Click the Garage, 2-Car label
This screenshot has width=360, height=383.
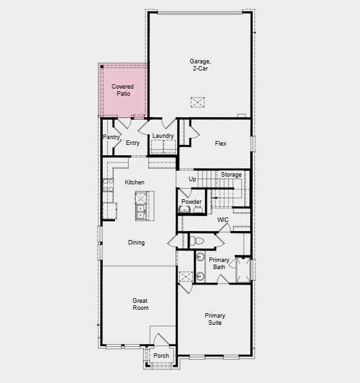200,65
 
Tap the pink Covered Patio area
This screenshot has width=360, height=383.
123,90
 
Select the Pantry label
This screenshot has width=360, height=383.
110,137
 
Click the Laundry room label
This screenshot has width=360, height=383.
163,136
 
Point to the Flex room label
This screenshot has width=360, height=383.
220,143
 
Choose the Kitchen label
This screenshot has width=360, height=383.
134,182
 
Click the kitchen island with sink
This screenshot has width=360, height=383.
140,206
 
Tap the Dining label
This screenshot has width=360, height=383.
136,243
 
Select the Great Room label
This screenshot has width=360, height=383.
140,304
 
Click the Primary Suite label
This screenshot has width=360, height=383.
215,319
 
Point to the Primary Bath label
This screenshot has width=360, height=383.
218,263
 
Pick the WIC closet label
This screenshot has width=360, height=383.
223,220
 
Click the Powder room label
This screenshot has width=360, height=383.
191,202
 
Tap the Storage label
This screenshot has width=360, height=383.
231,175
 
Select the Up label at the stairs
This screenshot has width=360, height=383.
193,179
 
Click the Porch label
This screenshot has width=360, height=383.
162,356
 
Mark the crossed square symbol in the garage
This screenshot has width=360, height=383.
197,102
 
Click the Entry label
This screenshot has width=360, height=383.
132,143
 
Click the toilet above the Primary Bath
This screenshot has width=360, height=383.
198,241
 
